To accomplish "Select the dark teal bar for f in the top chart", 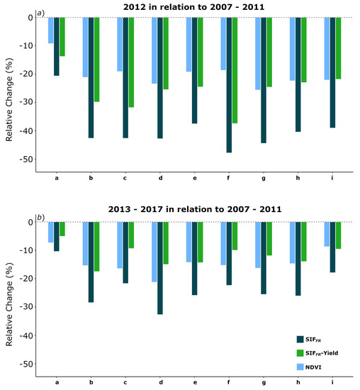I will pyautogui.click(x=230, y=84).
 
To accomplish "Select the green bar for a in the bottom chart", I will pyautogui.click(x=62, y=229).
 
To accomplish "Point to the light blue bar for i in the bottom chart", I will pyautogui.click(x=327, y=234).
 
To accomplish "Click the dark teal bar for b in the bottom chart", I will pyautogui.click(x=91, y=262).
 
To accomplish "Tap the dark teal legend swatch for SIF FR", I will pyautogui.click(x=301, y=339).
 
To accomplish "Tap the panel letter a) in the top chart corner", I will pyautogui.click(x=40, y=12).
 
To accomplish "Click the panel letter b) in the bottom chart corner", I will pyautogui.click(x=40, y=216).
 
